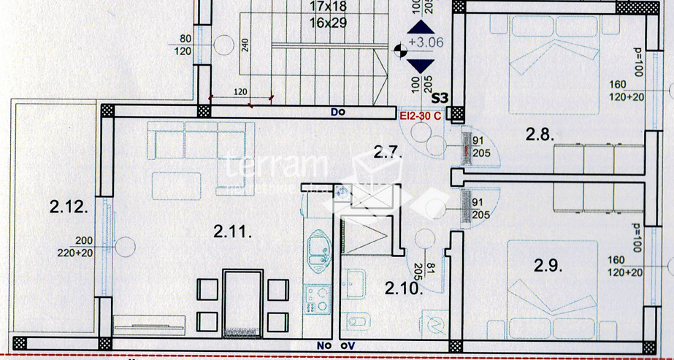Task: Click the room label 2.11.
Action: coord(233,233)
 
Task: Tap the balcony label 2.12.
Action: coord(69,207)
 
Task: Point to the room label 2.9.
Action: coord(548,267)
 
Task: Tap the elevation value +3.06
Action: coord(426,42)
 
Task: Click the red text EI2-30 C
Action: coord(420,115)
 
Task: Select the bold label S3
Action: coord(440,97)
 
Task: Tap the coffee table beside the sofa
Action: coord(177,182)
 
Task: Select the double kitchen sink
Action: coord(319,250)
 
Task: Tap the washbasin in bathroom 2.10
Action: coord(357,284)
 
